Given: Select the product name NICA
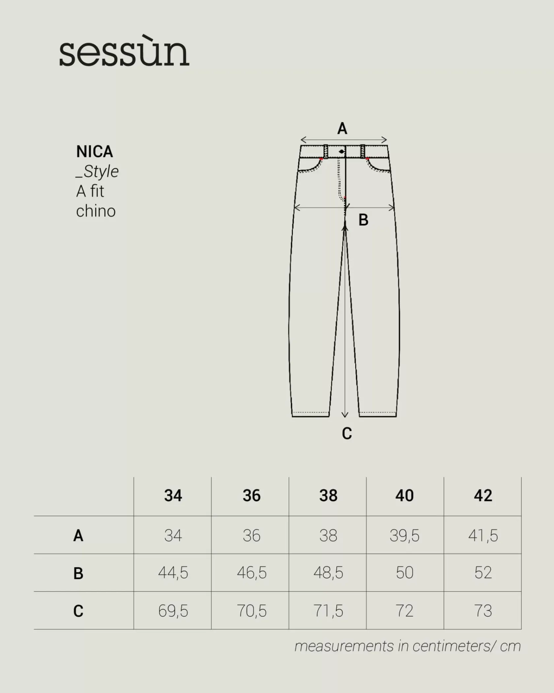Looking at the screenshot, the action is click(x=95, y=152).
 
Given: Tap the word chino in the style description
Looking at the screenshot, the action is click(x=96, y=211).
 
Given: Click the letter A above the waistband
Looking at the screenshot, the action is click(x=342, y=128).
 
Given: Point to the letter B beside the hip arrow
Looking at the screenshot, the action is click(x=363, y=220).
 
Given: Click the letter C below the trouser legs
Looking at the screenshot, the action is click(x=347, y=433).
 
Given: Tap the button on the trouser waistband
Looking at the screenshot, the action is click(x=342, y=152).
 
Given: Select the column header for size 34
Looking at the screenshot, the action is click(x=173, y=496).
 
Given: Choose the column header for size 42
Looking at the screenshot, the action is click(x=483, y=496).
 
